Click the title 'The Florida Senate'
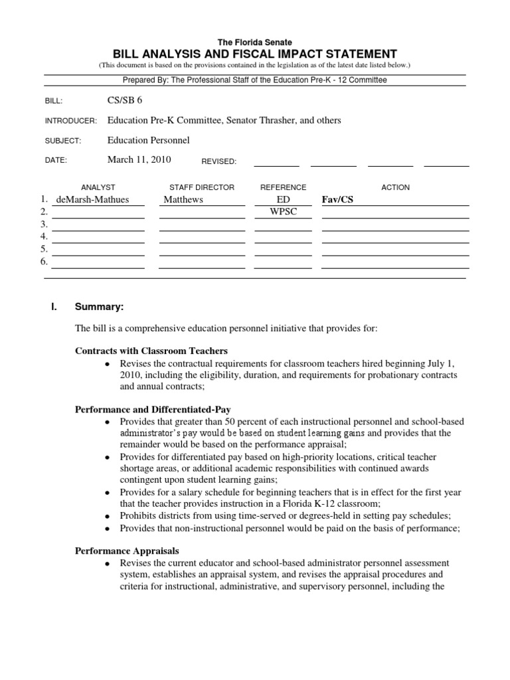(254, 42)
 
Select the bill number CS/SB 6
(124, 100)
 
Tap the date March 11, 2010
(139, 159)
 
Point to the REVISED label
(218, 161)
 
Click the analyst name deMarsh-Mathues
(93, 199)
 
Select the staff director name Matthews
(183, 199)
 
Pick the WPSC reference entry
(284, 212)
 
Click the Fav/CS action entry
(337, 199)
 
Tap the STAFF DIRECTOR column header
(202, 187)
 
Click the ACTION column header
(395, 187)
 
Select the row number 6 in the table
(44, 262)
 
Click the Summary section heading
(99, 307)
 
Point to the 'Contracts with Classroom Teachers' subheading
(151, 351)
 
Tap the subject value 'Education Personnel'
(148, 140)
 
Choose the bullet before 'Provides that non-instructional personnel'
(108, 529)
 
